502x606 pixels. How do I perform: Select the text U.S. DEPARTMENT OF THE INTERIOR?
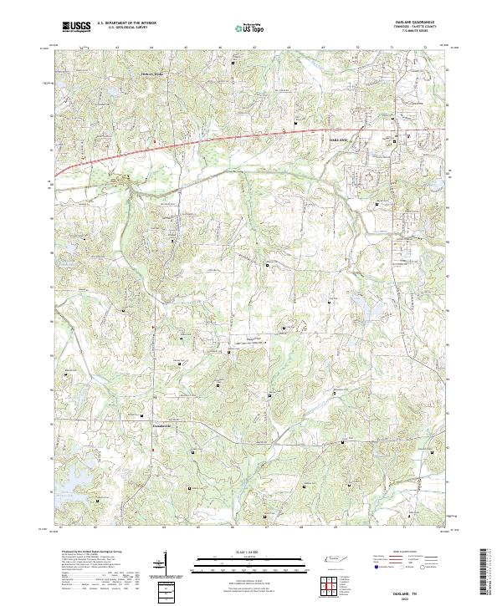126,23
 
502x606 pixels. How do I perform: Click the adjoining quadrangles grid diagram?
328,583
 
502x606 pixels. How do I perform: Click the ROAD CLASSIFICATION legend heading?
411,553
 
